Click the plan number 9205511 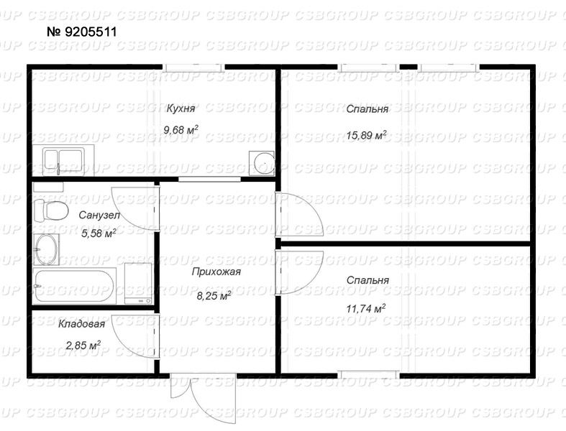pyautogui.click(x=82, y=32)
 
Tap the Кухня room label pyautogui.click(x=181, y=108)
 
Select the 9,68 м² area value pyautogui.click(x=181, y=129)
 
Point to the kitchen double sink pyautogui.click(x=63, y=159)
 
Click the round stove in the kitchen pyautogui.click(x=263, y=163)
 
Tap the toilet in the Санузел pyautogui.click(x=51, y=210)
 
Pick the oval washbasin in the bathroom pyautogui.click(x=46, y=249)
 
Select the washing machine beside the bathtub pyautogui.click(x=138, y=284)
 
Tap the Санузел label pyautogui.click(x=99, y=215)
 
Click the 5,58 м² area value pyautogui.click(x=99, y=233)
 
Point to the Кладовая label pyautogui.click(x=81, y=324)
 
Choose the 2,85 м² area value pyautogui.click(x=83, y=346)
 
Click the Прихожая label pyautogui.click(x=216, y=272)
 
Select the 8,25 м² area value pyautogui.click(x=214, y=296)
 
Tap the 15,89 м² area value pyautogui.click(x=366, y=135)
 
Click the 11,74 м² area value pyautogui.click(x=366, y=309)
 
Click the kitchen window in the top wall pyautogui.click(x=193, y=67)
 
